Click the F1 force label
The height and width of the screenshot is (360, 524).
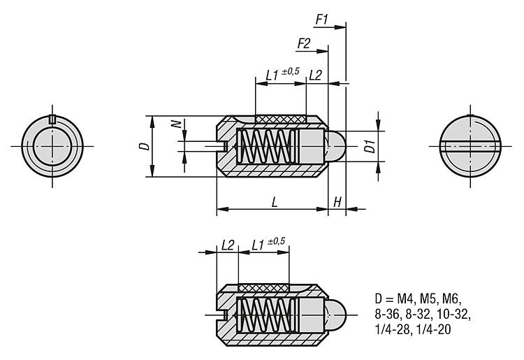[x=322, y=20]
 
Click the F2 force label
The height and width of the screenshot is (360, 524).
[x=304, y=44]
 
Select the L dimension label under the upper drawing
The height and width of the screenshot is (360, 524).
[x=275, y=201]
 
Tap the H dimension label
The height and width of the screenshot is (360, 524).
[x=337, y=202]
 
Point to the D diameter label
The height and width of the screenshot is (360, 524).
[x=145, y=146]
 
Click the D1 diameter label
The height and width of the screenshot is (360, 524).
[x=370, y=146]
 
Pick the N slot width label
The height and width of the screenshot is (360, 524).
[x=177, y=124]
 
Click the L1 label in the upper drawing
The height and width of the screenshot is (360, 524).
[x=272, y=75]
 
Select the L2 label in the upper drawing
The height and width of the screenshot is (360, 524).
[x=315, y=75]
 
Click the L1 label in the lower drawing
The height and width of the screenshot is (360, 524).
[x=258, y=245]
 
